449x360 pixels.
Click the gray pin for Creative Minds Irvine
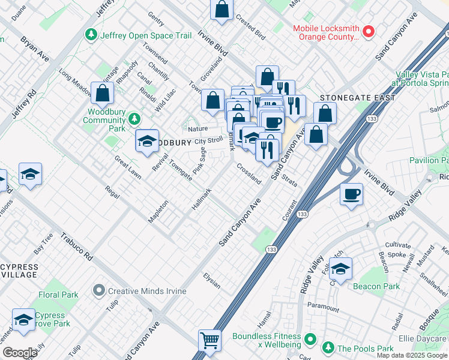pos(99,291)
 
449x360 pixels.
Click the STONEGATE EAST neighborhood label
pos(357,98)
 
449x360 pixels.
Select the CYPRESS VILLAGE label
pos(19,271)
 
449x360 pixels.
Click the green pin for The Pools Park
pos(328,349)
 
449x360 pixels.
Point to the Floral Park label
pos(58,295)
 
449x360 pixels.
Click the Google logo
pos(20,353)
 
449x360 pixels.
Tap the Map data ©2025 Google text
pos(412,355)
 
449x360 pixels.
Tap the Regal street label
pos(112,192)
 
